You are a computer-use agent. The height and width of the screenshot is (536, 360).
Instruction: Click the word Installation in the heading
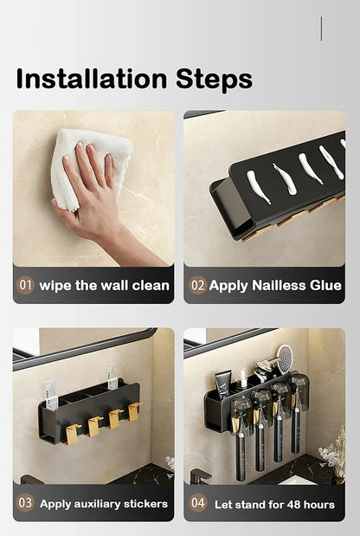click(x=92, y=79)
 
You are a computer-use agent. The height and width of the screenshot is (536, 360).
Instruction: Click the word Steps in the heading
click(x=214, y=80)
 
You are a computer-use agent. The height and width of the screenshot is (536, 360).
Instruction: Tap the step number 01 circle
click(x=25, y=285)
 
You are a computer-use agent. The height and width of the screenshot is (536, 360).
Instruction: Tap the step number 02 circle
click(x=198, y=285)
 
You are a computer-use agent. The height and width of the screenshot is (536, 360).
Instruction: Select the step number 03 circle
click(x=25, y=503)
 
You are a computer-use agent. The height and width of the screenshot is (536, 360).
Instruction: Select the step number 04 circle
click(x=198, y=503)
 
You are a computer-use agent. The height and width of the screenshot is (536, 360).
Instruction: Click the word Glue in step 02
click(x=325, y=286)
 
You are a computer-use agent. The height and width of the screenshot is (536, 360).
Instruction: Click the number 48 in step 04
click(x=293, y=505)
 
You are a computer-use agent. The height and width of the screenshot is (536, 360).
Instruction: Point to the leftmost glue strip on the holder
click(x=258, y=187)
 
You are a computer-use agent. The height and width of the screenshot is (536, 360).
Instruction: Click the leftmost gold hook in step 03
click(x=73, y=434)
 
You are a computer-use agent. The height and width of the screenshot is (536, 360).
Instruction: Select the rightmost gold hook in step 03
click(x=134, y=411)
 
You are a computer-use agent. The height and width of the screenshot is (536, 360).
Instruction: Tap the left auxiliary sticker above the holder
click(x=50, y=395)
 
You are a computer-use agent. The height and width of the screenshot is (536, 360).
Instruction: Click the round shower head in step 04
click(x=285, y=359)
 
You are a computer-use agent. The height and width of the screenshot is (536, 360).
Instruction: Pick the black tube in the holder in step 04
click(x=222, y=385)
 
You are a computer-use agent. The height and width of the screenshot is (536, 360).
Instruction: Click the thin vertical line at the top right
click(x=321, y=29)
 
